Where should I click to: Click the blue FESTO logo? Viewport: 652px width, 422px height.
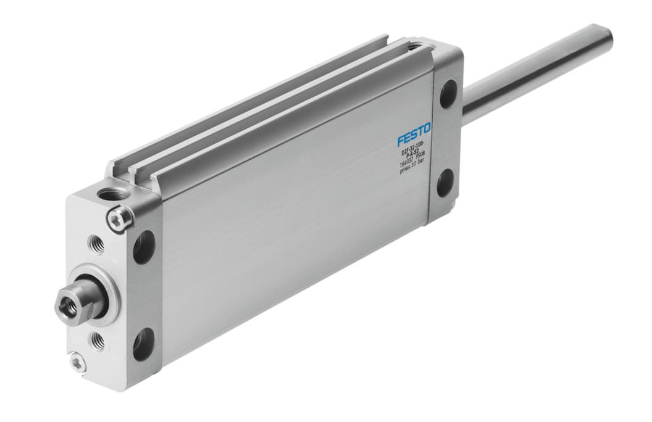tap(414, 134)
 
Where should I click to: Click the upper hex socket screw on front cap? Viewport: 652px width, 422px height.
tap(120, 217)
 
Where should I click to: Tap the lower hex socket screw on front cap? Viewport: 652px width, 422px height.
tap(76, 360)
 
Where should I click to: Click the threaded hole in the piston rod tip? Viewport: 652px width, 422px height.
tap(65, 302)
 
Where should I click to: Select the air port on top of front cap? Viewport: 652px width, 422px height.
tap(114, 195)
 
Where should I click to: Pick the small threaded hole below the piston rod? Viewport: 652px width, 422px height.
tap(98, 339)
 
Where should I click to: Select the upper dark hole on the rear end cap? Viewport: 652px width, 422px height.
tap(449, 94)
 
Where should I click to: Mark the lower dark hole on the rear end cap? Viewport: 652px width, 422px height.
tap(445, 183)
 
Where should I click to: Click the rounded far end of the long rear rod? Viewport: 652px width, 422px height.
tap(606, 35)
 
